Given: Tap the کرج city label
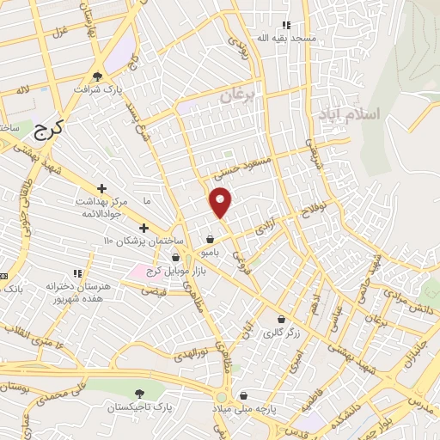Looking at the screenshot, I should (x=51, y=130).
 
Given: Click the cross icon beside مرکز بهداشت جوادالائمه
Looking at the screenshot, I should (x=101, y=187).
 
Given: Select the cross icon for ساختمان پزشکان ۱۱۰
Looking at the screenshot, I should (x=144, y=229).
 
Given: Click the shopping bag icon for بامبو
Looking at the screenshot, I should (x=210, y=240).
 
